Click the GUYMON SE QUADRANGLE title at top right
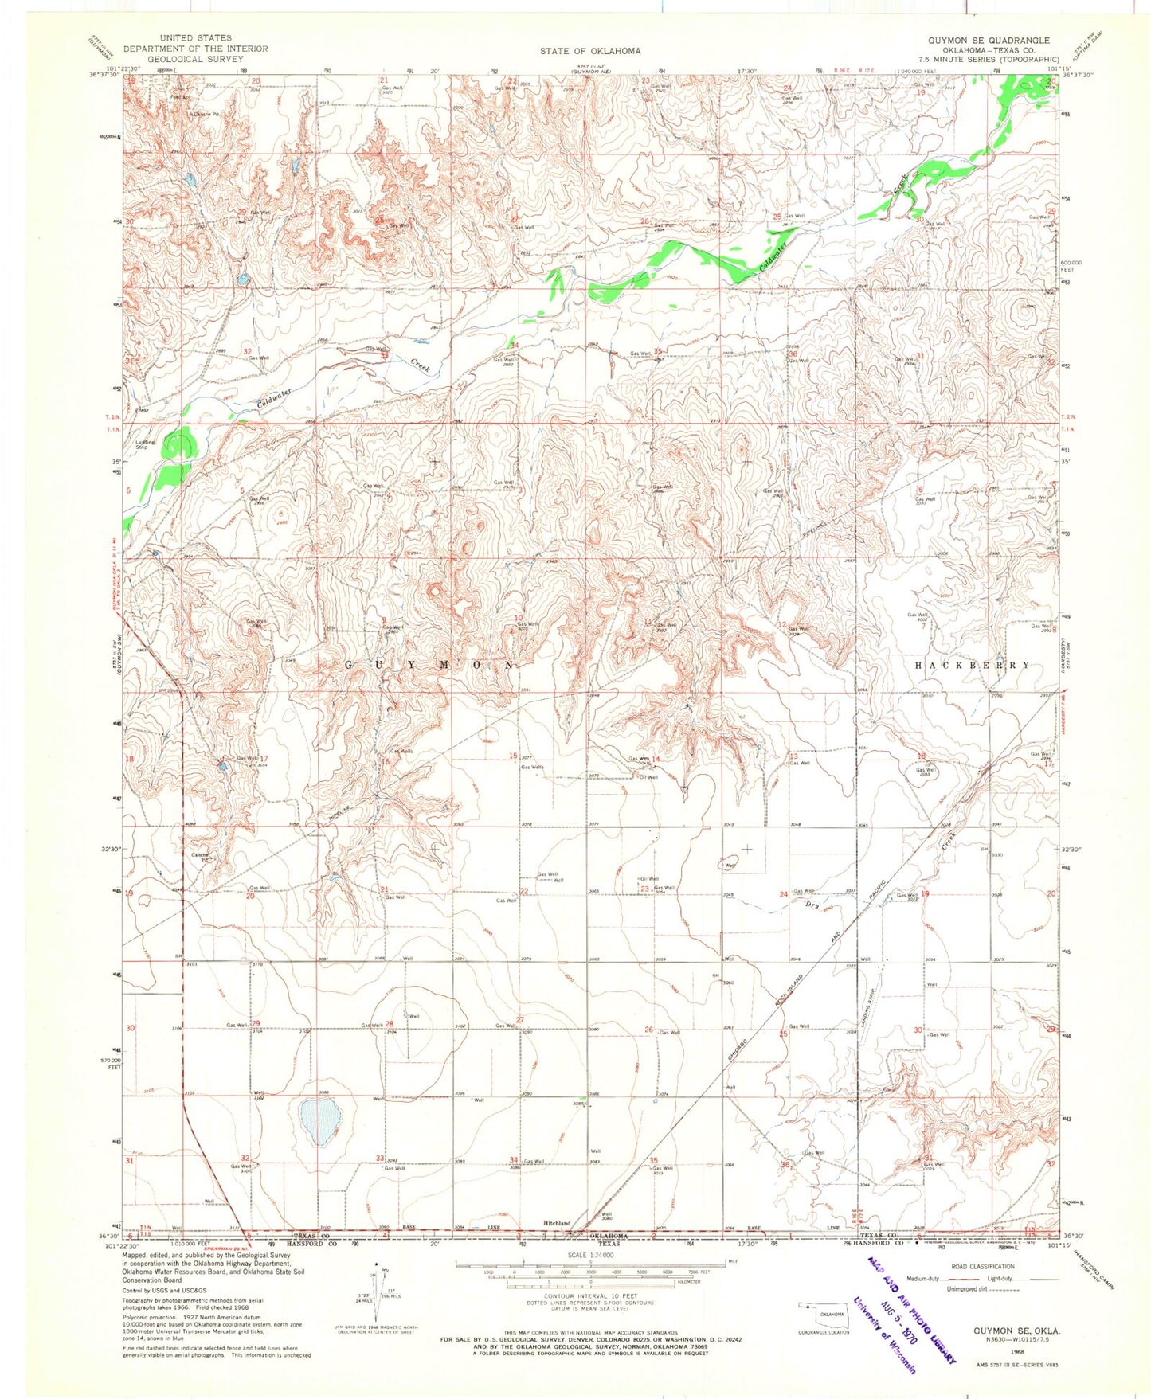pos(989,41)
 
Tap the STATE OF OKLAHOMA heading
pos(589,51)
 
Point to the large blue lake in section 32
pos(319,1121)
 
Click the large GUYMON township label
pos(431,663)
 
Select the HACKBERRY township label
pos(972,665)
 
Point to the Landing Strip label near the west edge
pos(145,445)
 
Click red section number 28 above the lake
pos(390,1024)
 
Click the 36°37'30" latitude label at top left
pos(103,75)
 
